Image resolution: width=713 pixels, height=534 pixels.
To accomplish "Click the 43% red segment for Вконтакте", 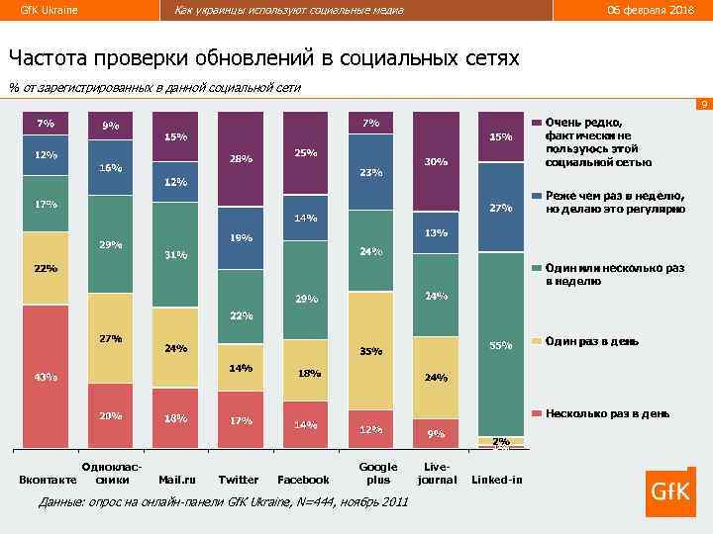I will pos(46,377).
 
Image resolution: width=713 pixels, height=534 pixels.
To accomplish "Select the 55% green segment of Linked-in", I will pos(500,346).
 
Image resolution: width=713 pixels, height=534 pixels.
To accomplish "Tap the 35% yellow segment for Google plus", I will pos(371,351).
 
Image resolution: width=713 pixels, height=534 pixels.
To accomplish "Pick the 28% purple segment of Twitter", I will pos(240,158).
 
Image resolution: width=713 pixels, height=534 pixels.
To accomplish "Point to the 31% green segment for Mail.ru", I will pos(175,255).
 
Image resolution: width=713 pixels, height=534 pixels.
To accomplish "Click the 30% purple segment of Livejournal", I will pos(436,161).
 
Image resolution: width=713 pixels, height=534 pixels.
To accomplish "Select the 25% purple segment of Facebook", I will pos(305,153).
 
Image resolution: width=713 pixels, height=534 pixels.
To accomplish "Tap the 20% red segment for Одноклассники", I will pos(110,415).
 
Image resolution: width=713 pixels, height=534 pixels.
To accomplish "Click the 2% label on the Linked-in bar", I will pos(501,441).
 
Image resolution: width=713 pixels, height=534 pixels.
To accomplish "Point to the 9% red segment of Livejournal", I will pos(436,433).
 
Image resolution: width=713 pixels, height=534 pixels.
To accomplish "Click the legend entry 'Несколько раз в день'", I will pos(606,412).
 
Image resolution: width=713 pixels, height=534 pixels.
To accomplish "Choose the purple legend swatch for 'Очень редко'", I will pos(537,124).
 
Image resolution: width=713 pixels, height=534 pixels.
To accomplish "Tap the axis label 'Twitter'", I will pos(238,480).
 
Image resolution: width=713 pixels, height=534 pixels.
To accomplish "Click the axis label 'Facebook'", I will pos(303,480).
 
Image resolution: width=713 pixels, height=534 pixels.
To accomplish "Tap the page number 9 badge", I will pos(701,103).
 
